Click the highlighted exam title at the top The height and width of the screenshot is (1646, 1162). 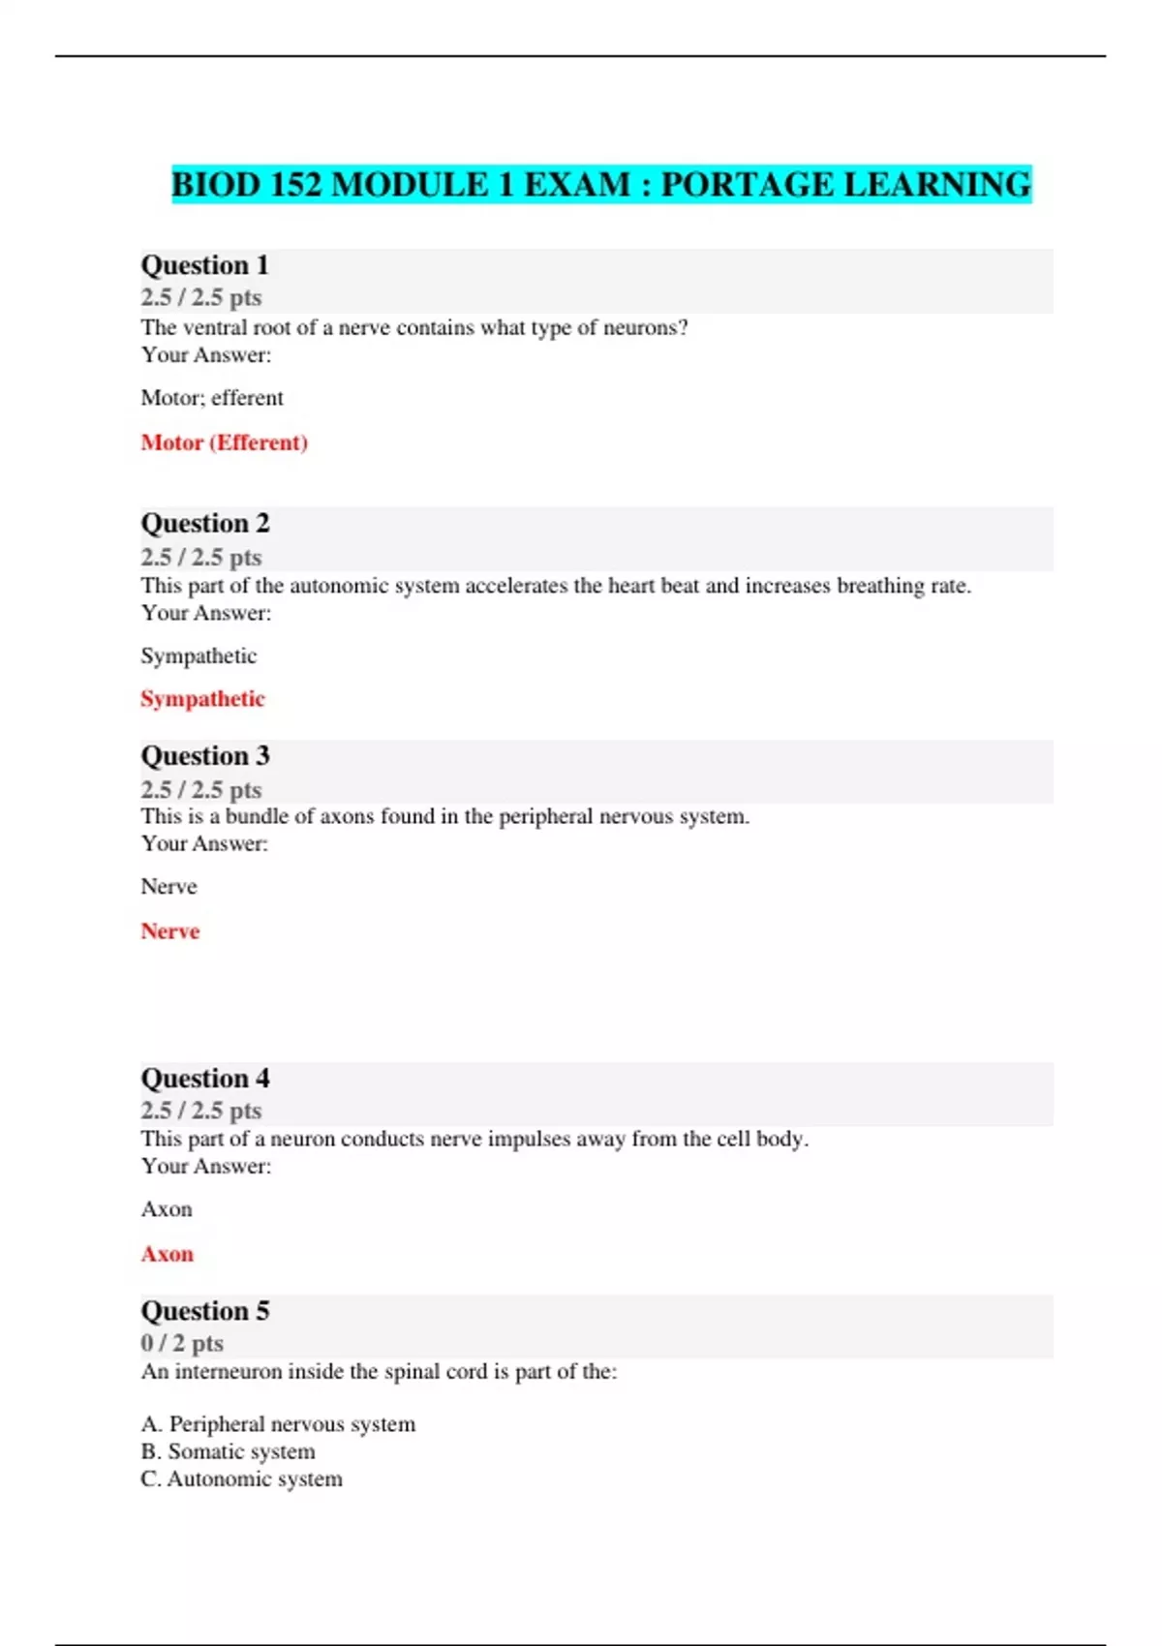601,184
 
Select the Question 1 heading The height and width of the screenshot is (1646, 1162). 204,265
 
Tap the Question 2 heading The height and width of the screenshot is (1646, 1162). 205,524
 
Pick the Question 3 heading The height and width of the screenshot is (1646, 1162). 205,756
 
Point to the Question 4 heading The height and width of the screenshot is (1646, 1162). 205,1079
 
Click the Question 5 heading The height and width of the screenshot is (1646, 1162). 205,1311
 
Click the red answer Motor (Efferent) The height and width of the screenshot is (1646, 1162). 224,442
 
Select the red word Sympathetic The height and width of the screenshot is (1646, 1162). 202,699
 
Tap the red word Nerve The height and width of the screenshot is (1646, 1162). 170,931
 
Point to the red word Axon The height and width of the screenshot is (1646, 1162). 168,1254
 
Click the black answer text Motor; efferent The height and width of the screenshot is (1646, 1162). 212,398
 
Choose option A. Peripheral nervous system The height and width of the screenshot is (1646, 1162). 278,1424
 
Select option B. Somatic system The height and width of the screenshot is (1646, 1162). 228,1451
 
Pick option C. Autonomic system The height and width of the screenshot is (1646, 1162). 241,1478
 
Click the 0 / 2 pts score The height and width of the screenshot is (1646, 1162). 182,1343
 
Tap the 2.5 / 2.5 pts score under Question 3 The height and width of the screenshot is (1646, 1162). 201,789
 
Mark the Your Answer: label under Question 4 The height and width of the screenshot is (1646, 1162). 206,1166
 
